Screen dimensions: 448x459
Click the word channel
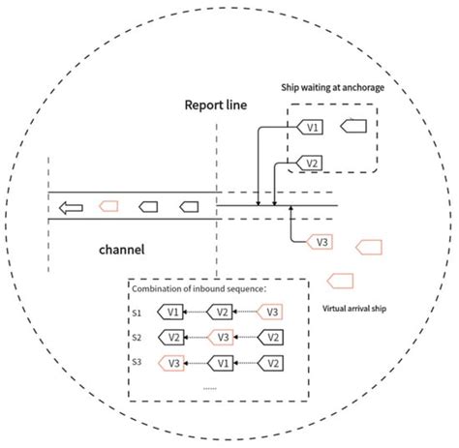[x=122, y=249]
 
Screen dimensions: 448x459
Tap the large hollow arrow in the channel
[x=68, y=205]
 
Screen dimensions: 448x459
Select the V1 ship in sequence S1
[x=171, y=313]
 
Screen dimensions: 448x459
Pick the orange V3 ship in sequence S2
[x=223, y=338]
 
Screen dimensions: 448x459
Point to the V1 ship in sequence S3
[x=223, y=363]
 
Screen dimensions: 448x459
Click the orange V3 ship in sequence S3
[x=171, y=363]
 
